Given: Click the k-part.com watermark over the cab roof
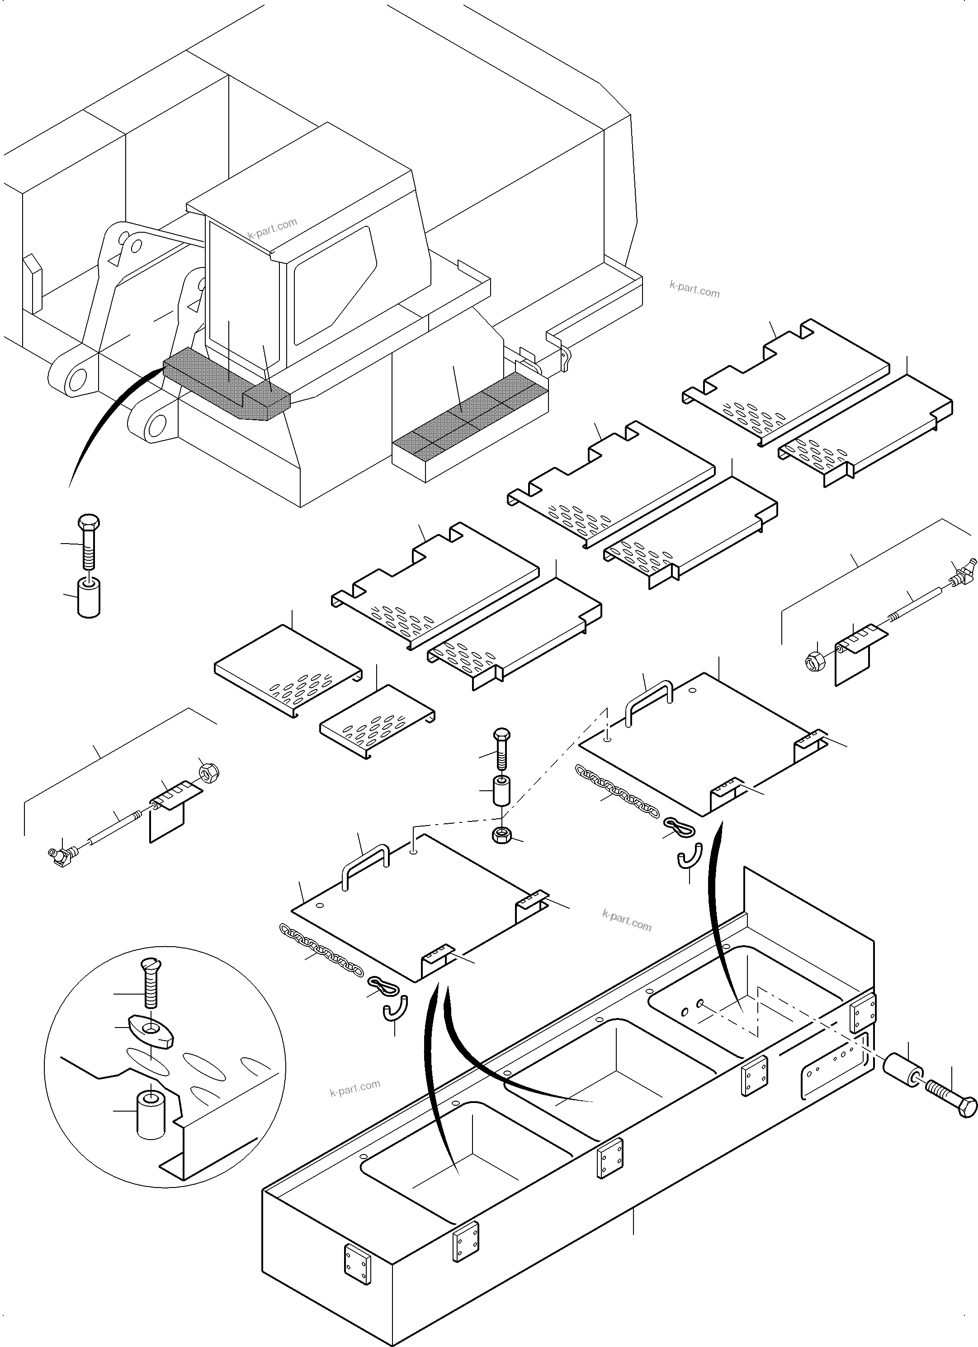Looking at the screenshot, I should coord(272,227).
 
